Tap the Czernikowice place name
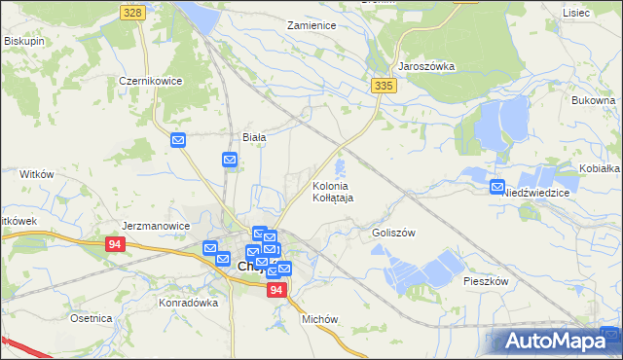[151, 82]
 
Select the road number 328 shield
[134, 12]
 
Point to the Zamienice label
[311, 25]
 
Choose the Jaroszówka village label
[426, 66]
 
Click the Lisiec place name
[576, 13]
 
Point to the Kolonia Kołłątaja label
[333, 191]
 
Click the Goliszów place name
[393, 234]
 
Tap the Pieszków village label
[487, 280]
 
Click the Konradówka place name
[188, 303]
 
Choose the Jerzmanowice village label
[156, 226]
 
